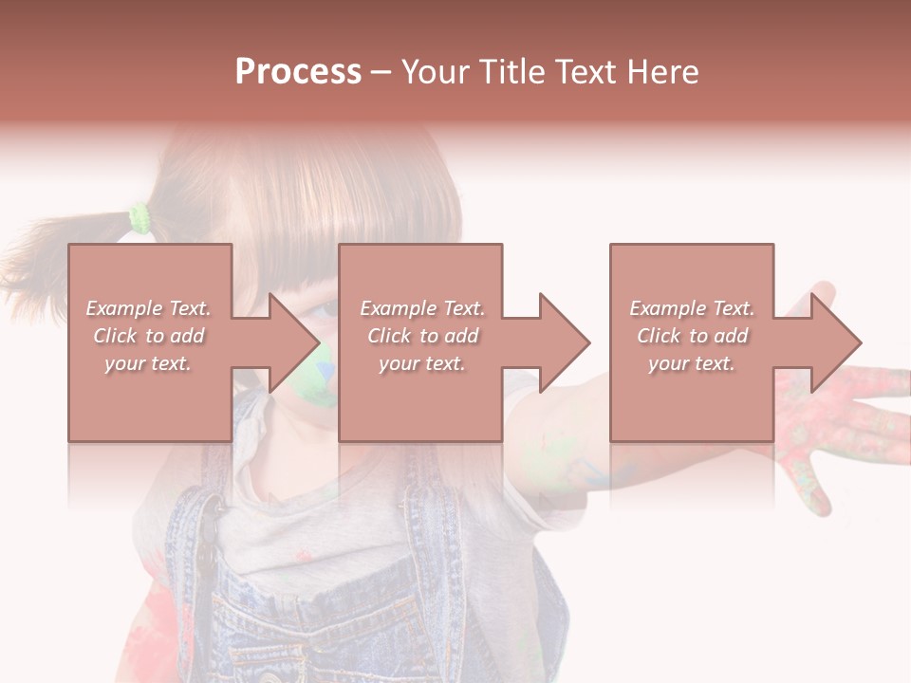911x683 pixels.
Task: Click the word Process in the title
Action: [x=298, y=72]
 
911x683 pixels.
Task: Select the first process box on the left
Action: [x=150, y=398]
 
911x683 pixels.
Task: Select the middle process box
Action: [x=420, y=398]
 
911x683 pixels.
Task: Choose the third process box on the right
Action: [x=692, y=398]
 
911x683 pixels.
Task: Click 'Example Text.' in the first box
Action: [x=149, y=308]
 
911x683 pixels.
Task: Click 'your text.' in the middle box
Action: [x=421, y=363]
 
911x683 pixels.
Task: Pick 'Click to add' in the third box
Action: [x=692, y=336]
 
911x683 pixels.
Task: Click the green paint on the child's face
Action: [x=325, y=375]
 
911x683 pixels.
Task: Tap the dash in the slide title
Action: [x=381, y=73]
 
